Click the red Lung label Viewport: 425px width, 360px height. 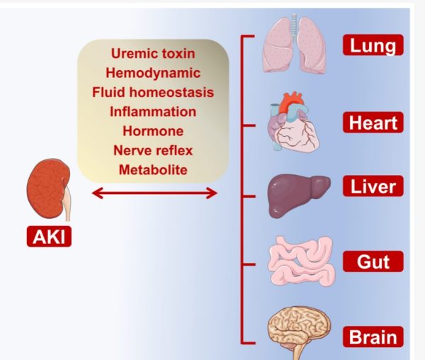[x=373, y=46]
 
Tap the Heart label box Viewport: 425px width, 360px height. [x=373, y=122]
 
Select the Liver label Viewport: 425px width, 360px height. [x=373, y=189]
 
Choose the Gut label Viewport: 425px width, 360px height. [x=373, y=262]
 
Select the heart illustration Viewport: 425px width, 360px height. [x=292, y=125]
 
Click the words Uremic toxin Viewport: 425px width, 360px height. [x=153, y=53]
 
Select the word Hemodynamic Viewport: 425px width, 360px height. [x=153, y=72]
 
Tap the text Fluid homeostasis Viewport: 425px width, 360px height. [x=153, y=92]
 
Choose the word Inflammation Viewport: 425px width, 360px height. [x=153, y=111]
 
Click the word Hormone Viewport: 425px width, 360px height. [x=153, y=131]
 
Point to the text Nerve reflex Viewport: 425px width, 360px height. [x=153, y=150]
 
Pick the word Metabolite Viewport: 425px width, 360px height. [x=153, y=170]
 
